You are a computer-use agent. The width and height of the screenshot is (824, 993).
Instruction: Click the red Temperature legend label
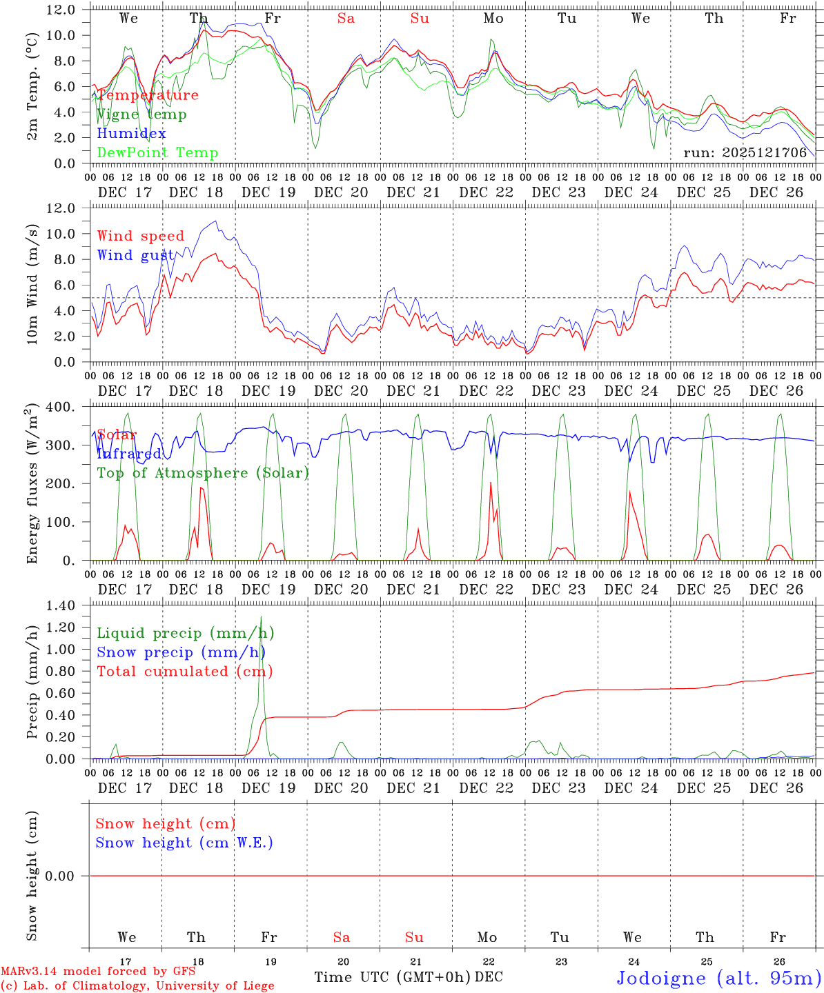tap(148, 95)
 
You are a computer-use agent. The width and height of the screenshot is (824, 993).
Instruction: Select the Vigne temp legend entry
tap(141, 114)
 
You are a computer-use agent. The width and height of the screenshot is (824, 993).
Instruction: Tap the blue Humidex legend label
tap(131, 134)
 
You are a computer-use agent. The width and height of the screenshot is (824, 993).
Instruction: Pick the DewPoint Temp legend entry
tap(157, 153)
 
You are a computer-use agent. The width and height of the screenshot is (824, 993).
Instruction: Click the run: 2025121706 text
tap(745, 153)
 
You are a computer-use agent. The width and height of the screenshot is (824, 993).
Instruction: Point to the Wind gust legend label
tap(135, 255)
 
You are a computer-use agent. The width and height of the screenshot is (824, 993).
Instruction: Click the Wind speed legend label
tap(141, 236)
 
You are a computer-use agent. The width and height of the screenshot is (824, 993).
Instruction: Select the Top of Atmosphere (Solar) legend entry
tap(203, 473)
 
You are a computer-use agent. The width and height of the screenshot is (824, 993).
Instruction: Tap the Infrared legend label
tap(129, 454)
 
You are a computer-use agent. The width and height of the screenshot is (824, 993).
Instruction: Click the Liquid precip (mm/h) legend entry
tap(186, 633)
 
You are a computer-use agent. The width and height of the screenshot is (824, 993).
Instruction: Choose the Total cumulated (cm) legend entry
tap(185, 672)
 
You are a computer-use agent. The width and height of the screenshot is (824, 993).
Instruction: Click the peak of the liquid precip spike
tap(261, 616)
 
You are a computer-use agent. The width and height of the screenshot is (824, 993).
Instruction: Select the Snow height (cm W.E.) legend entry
tap(184, 843)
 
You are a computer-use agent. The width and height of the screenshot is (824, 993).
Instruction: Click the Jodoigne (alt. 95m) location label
tap(718, 978)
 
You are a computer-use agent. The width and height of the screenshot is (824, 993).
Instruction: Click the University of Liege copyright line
tap(137, 986)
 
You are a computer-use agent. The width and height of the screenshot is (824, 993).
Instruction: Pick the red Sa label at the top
tap(346, 19)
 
